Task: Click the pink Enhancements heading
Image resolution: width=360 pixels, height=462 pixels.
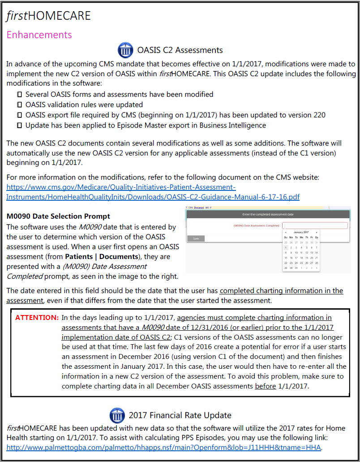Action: coord(39,35)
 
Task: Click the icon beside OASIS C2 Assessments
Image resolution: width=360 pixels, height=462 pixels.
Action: coord(125,50)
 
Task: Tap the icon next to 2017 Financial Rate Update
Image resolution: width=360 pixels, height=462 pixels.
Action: coord(117,415)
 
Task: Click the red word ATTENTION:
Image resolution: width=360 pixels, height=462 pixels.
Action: coord(37,318)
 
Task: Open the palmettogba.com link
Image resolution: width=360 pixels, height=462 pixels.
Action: coord(164,447)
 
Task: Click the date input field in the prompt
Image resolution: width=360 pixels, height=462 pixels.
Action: coord(315,226)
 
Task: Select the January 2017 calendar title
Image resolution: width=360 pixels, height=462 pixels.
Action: coord(301,232)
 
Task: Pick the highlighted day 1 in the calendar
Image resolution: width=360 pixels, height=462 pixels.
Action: coord(286,247)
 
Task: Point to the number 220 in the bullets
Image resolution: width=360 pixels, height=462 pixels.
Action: coord(319,115)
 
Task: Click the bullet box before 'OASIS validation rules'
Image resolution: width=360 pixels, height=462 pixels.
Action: coord(19,105)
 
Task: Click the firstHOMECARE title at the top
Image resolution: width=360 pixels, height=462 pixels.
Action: coord(48,16)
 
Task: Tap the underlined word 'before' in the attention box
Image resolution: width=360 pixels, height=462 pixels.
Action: coord(265,386)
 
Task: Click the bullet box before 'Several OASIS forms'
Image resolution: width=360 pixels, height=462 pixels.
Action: coord(19,95)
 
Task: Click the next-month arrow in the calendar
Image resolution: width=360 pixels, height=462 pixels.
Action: coord(317,232)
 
